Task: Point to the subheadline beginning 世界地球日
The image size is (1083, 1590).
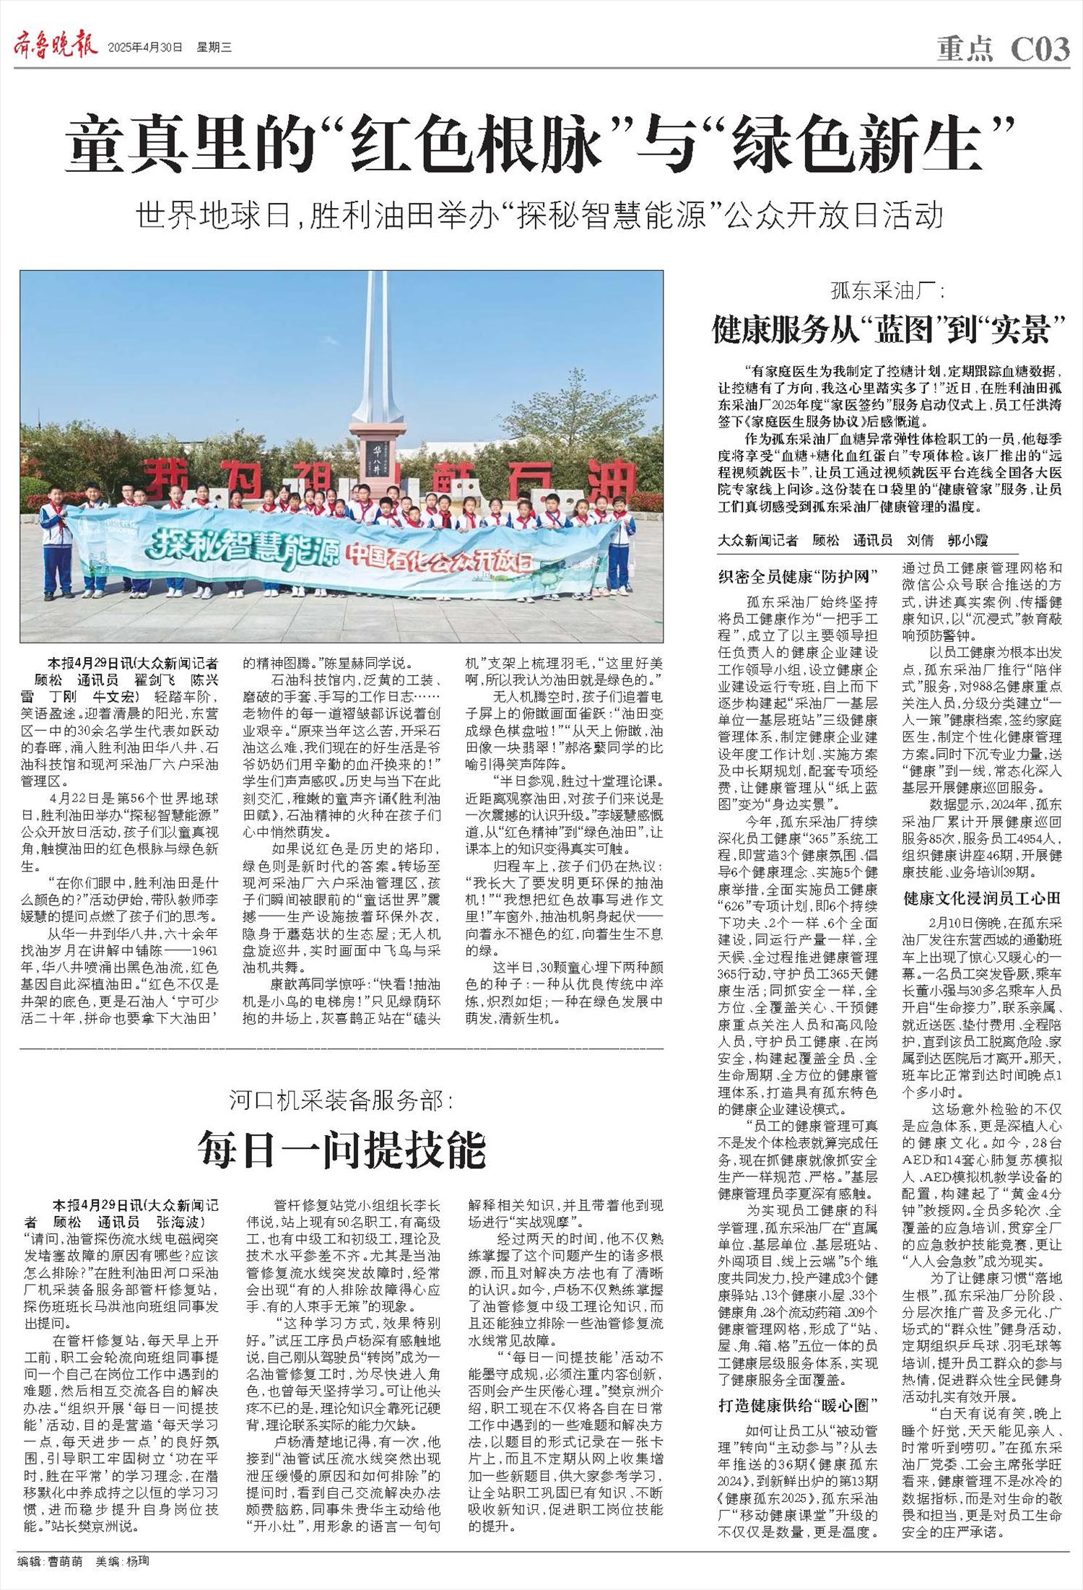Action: [540, 214]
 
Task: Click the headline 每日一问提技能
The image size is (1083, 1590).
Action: [342, 1150]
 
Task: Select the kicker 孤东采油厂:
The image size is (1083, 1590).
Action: [887, 292]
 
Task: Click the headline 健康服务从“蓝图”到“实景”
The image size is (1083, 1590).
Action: [889, 329]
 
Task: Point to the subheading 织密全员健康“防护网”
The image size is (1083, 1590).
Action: [797, 575]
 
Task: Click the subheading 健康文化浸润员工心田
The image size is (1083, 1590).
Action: [982, 898]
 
